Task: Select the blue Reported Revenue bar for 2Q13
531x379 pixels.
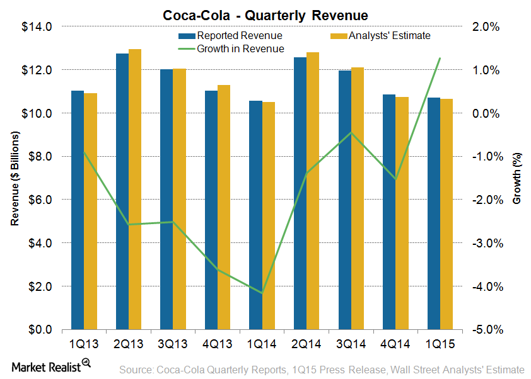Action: pyautogui.click(x=122, y=191)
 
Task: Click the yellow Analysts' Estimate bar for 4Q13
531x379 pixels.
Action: pyautogui.click(x=224, y=207)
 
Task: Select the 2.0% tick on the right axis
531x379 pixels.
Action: pyautogui.click(x=486, y=27)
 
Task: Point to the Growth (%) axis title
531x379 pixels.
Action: pyautogui.click(x=516, y=179)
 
